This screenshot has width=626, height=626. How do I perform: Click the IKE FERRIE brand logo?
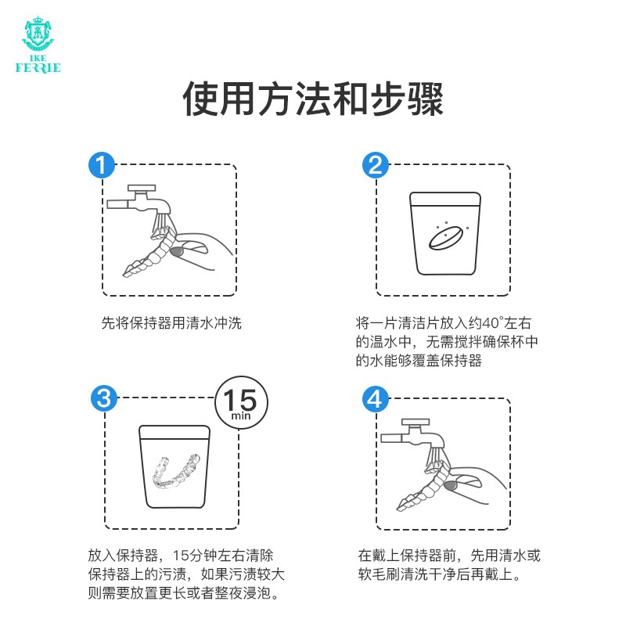(x=38, y=45)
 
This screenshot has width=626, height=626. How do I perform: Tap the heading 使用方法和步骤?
(x=313, y=99)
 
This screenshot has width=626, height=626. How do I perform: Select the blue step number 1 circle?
(x=102, y=165)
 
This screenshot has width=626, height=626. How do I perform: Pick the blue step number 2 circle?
(x=376, y=165)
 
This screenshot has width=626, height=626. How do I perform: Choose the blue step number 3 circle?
(x=104, y=398)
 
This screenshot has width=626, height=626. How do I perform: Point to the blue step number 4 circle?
(x=376, y=398)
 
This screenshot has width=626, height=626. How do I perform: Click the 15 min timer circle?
(x=241, y=402)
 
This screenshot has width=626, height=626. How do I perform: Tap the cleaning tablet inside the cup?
(x=446, y=238)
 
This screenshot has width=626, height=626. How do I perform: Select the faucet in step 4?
(x=413, y=436)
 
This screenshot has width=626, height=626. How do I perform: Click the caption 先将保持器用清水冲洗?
(x=171, y=323)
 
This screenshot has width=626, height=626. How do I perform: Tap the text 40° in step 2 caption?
(x=493, y=323)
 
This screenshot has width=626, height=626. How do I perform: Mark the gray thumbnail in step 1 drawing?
(x=176, y=252)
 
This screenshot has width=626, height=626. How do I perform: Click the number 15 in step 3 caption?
(x=180, y=556)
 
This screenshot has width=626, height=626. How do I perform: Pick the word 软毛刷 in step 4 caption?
(x=379, y=574)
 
